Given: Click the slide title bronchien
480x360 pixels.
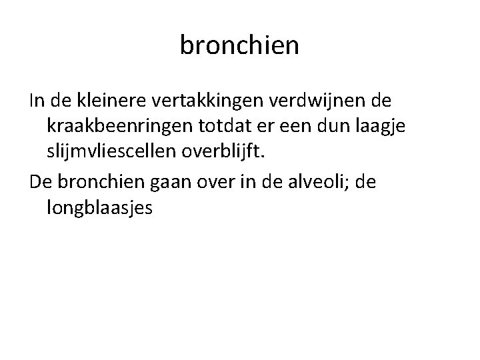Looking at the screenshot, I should [x=240, y=46].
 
